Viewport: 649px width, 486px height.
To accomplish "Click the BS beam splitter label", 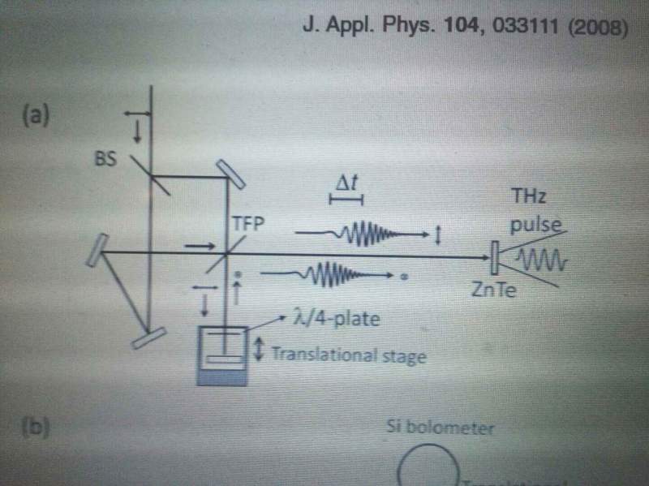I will [x=105, y=160].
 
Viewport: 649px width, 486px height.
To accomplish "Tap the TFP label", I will [x=248, y=222].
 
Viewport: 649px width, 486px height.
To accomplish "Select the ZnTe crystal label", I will [x=492, y=287].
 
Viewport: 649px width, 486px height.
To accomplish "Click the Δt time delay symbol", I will [x=346, y=185].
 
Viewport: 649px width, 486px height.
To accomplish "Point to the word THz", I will [x=527, y=196].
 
